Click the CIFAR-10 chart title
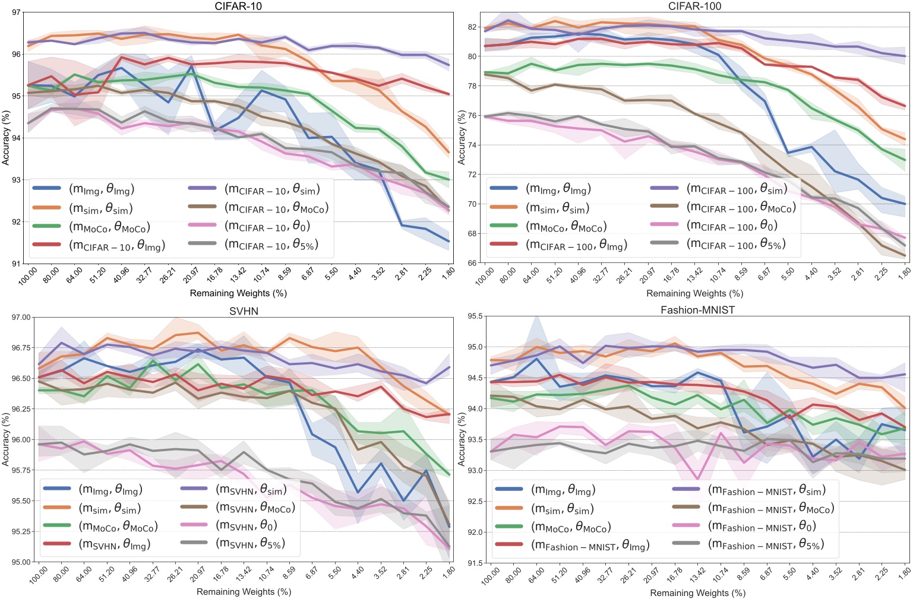238,6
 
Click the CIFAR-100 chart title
694,6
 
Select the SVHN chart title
244,311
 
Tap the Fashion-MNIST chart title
697,310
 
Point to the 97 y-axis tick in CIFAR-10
16,12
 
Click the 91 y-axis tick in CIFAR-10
16,264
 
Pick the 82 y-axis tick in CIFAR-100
472,27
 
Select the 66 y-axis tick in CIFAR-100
472,263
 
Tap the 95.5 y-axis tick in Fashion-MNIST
476,316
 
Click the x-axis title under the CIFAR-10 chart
238,293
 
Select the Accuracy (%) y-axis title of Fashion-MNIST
462,439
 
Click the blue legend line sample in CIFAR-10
47,189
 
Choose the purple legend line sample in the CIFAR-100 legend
664,188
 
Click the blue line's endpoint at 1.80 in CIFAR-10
448,241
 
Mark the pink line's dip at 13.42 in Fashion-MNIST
697,478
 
